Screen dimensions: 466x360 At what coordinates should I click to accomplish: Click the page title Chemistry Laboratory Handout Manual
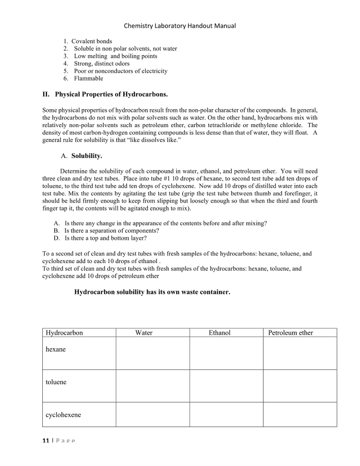[x=180, y=26]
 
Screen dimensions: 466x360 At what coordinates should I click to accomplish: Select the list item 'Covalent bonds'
[x=91, y=41]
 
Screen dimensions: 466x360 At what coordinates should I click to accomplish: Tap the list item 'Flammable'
[x=88, y=78]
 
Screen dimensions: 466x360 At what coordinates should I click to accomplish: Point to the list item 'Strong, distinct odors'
[x=101, y=64]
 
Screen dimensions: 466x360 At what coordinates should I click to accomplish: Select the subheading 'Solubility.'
[x=86, y=156]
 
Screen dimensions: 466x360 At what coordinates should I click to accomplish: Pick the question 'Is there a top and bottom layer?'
[x=106, y=238]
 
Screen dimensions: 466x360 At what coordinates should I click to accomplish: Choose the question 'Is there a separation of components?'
[x=112, y=231]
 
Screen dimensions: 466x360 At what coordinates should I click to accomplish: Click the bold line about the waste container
[x=152, y=292]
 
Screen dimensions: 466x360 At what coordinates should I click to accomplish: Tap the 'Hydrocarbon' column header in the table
[x=64, y=333]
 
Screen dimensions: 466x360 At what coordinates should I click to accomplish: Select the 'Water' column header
[x=144, y=333]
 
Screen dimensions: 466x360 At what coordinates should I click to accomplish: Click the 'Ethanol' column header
[x=219, y=333]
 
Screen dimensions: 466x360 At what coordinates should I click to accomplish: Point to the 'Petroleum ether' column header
[x=290, y=333]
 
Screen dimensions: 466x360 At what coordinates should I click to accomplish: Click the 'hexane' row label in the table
[x=56, y=349]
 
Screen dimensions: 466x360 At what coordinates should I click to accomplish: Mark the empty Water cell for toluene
[x=152, y=386]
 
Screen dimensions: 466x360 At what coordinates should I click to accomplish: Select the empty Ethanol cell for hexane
[x=226, y=353]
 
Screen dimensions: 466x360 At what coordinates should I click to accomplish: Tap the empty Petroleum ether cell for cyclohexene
[x=300, y=415]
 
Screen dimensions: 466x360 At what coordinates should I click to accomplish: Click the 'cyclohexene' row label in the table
[x=63, y=415]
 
